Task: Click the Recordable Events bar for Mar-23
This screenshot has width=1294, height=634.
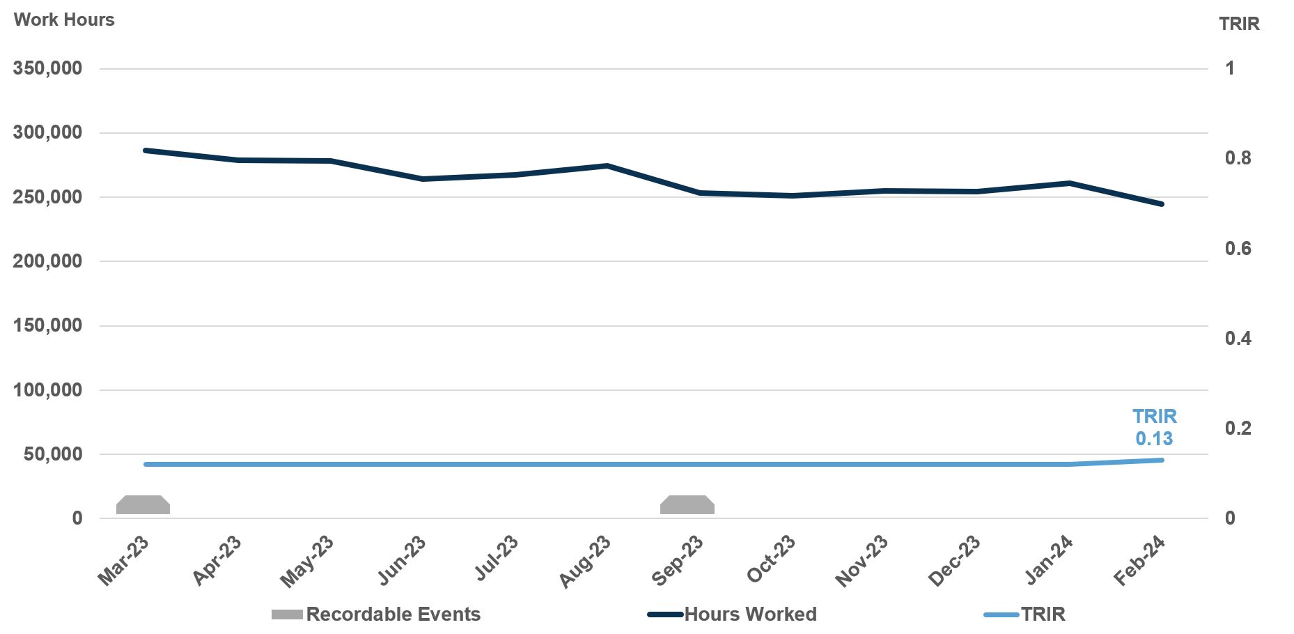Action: coord(143,505)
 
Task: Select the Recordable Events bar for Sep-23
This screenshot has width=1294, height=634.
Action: coord(687,505)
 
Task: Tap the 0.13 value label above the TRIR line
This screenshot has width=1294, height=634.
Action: coord(1154,438)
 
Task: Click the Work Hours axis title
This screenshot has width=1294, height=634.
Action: coord(64,20)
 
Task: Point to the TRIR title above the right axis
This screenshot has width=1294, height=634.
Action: coord(1239,24)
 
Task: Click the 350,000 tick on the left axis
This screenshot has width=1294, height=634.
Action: coord(47,68)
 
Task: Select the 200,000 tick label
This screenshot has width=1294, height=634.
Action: coord(47,261)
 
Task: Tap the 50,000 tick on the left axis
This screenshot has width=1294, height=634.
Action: coord(53,454)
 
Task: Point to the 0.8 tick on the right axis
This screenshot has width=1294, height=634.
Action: coord(1238,159)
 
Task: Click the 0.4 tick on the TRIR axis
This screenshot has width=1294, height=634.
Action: coord(1238,339)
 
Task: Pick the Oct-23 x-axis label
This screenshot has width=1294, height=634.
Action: coord(772,560)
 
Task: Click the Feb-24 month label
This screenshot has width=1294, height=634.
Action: coord(1140,562)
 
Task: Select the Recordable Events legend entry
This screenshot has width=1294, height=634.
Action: coord(393,614)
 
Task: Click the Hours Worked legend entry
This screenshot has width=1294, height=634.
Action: coord(750,614)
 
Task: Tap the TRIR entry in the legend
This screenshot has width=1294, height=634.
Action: coord(1043,614)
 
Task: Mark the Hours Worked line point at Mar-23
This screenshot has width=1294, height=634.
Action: coord(145,150)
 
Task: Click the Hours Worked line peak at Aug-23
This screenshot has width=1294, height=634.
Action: coord(607,166)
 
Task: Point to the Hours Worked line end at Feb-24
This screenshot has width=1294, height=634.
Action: coord(1162,204)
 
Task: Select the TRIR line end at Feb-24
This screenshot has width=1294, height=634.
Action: coord(1162,460)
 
